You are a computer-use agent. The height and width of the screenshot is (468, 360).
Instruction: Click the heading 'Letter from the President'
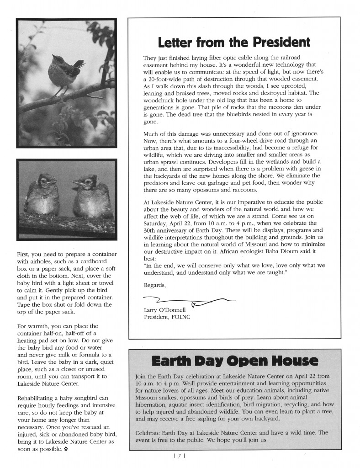tap(234, 43)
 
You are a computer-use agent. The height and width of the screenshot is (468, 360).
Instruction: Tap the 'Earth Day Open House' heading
tap(234, 362)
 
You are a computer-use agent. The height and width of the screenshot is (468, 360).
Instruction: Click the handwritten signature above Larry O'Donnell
tap(187, 300)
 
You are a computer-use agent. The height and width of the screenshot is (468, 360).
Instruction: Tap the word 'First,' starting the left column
tap(24, 255)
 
